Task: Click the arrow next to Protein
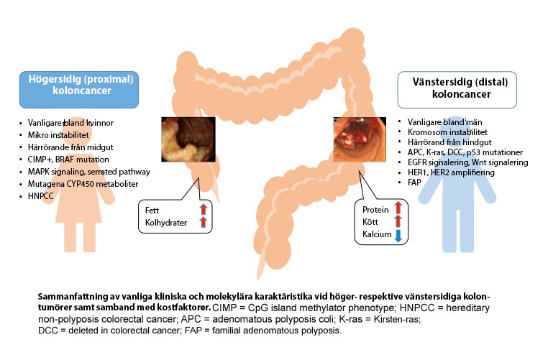coord(396,210)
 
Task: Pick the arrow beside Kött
coord(396,222)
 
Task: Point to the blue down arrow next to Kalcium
coord(396,235)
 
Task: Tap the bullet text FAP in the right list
coord(414,183)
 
